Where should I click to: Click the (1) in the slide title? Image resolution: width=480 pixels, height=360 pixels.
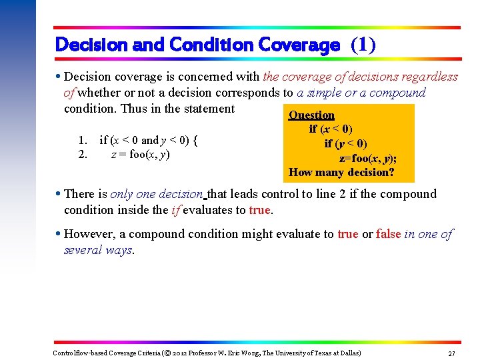(x=363, y=45)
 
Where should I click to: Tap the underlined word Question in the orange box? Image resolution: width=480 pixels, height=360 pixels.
(x=311, y=115)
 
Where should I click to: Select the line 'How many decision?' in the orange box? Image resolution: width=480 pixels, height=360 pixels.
(x=341, y=172)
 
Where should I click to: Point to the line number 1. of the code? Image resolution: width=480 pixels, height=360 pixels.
(x=83, y=140)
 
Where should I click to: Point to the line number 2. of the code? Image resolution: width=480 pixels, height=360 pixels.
(x=83, y=155)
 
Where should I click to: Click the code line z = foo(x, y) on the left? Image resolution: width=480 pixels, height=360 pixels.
(x=140, y=155)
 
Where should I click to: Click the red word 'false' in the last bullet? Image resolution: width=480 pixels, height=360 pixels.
(x=388, y=234)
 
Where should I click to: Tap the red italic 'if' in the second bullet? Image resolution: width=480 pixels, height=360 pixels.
(x=176, y=210)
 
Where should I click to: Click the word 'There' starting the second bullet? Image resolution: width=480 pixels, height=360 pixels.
(x=79, y=194)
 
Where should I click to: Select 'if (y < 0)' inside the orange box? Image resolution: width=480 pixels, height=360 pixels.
(x=345, y=143)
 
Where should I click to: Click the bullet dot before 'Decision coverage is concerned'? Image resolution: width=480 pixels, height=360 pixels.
(x=59, y=77)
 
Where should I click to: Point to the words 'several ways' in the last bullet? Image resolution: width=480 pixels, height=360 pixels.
(x=98, y=250)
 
